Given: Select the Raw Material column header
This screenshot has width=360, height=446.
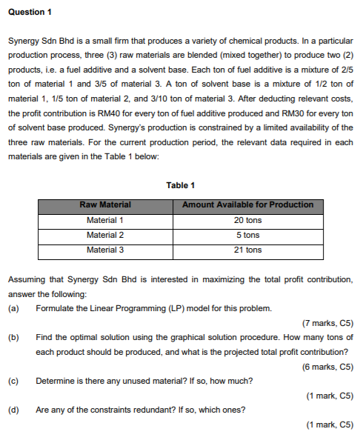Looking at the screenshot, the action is pyautogui.click(x=105, y=204).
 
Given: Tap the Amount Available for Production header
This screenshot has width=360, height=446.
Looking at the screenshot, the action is pyautogui.click(x=247, y=204).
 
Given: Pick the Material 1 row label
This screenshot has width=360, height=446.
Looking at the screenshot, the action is pyautogui.click(x=105, y=220).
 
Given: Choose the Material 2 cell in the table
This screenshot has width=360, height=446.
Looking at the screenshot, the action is pyautogui.click(x=105, y=235).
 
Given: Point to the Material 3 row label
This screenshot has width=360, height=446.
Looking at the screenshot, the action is pyautogui.click(x=105, y=250).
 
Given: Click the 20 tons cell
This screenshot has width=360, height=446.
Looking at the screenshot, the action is pyautogui.click(x=247, y=220).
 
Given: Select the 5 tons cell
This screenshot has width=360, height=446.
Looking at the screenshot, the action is pyautogui.click(x=247, y=235).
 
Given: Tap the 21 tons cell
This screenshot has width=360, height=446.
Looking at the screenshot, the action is pyautogui.click(x=247, y=250).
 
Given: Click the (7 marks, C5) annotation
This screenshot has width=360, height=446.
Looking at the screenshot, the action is pyautogui.click(x=328, y=322).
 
